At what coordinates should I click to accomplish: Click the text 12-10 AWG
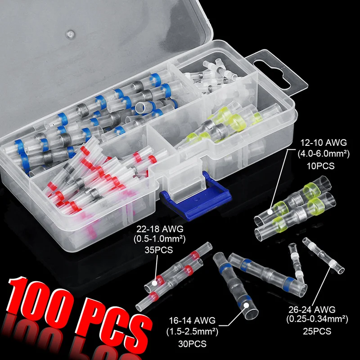(324, 143)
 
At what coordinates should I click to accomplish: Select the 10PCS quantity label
(321, 166)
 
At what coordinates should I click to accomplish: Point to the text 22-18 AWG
(160, 229)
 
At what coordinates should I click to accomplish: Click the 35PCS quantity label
(159, 250)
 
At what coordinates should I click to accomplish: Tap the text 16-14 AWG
(193, 320)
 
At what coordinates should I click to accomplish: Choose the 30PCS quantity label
(192, 344)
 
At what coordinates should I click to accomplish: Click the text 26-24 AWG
(312, 310)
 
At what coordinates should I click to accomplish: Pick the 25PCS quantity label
(317, 331)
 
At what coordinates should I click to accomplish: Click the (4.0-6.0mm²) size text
(324, 154)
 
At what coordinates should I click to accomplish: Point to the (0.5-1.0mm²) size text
(160, 239)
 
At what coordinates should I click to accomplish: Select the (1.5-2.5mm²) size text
(193, 332)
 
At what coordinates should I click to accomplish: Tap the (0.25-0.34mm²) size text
(317, 319)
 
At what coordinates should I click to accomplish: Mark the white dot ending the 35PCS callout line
(155, 283)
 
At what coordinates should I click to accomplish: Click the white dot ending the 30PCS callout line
(246, 306)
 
